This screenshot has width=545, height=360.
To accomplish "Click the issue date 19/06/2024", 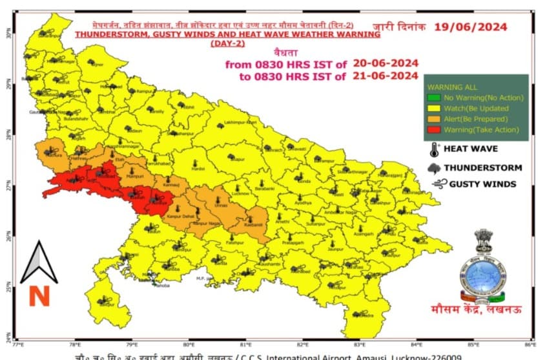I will point(470,26).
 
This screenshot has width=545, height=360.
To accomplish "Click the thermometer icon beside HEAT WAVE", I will point(433,150).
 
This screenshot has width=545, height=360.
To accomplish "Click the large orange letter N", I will point(39,296).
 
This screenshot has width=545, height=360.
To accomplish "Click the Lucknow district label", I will point(240,193).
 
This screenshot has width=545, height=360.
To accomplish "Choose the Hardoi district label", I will point(198,170).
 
